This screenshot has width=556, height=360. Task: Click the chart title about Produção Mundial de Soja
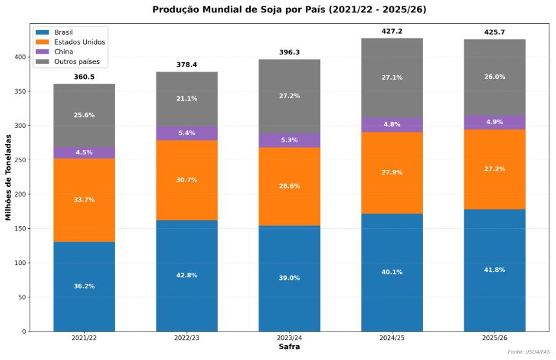289,10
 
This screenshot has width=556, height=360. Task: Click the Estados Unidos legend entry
80,42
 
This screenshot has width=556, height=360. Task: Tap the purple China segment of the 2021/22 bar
84,153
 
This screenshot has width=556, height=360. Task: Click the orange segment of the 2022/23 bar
187,180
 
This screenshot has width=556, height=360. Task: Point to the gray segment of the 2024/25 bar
392,78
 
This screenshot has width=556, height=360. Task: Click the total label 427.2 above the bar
392,31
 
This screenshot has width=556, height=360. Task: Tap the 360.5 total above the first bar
84,77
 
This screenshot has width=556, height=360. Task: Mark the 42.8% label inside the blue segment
187,275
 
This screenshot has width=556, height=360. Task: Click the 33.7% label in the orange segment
84,200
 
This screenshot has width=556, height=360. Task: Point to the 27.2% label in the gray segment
289,96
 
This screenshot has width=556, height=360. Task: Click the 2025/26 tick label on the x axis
495,338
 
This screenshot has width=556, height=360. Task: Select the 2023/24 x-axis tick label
289,338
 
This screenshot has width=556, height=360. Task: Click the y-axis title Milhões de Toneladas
9,177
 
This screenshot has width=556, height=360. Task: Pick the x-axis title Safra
289,347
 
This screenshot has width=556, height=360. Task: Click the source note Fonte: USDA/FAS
528,352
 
